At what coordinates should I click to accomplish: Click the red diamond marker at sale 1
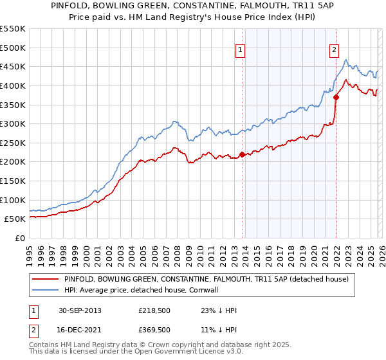pos(242,154)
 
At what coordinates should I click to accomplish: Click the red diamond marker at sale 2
pos(336,97)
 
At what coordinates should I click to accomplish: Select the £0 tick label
pos(19,238)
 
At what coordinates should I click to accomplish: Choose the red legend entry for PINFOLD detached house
pos(206,280)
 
